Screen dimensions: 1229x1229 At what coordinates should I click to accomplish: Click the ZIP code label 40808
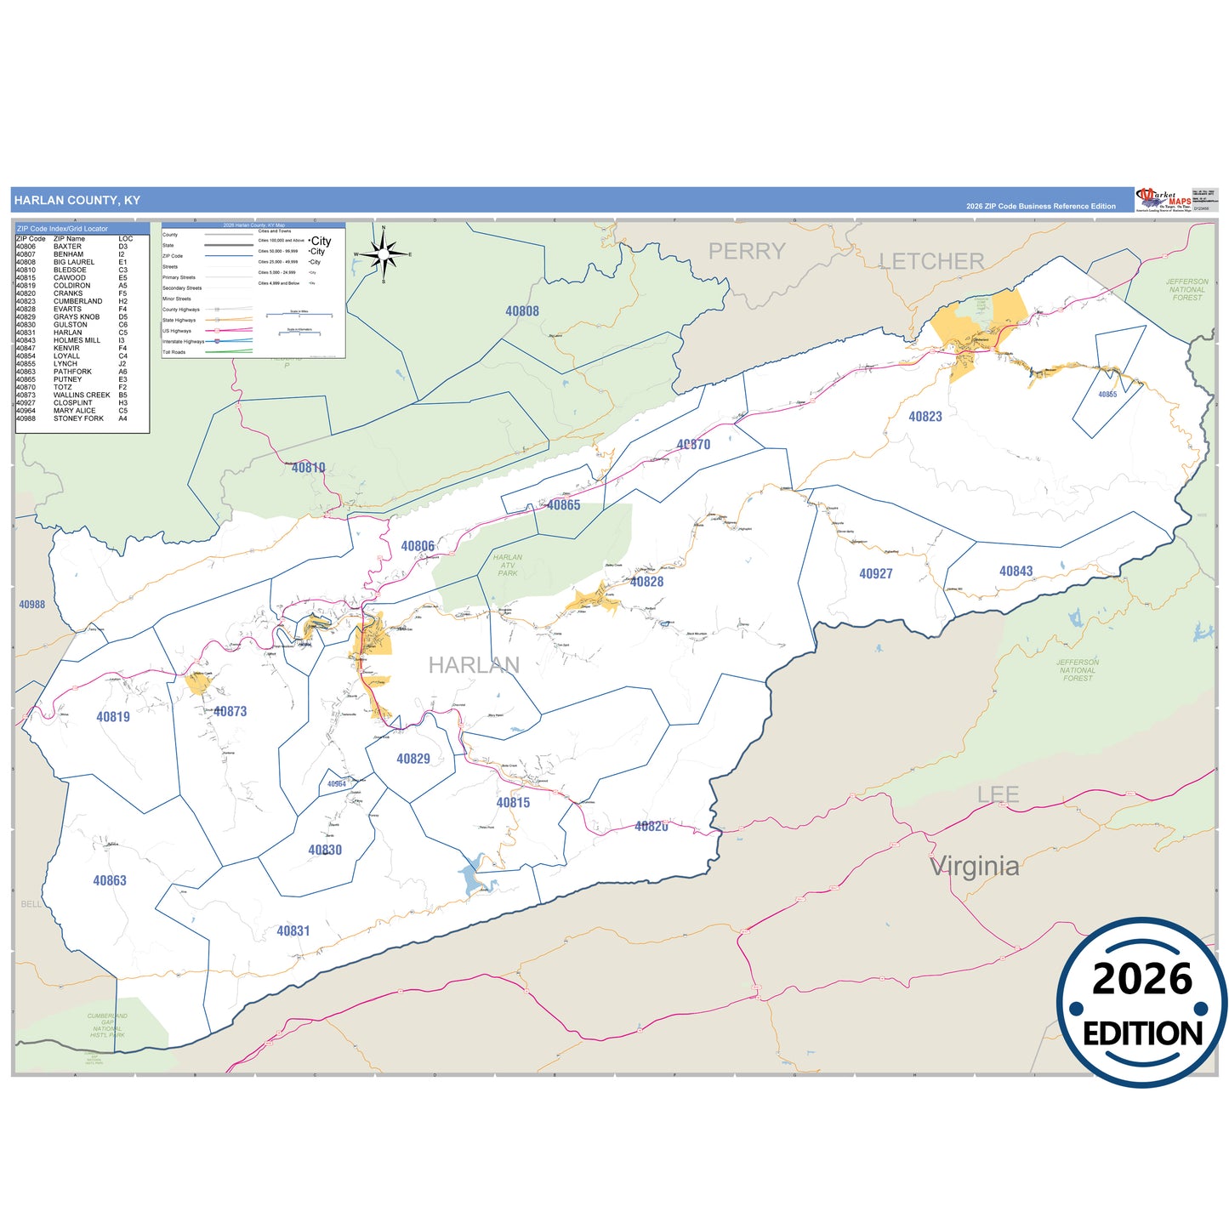[x=522, y=311]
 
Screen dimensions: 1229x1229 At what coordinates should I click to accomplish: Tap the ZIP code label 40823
[x=925, y=417]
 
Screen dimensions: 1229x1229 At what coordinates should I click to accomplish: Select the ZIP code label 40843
[x=1016, y=572]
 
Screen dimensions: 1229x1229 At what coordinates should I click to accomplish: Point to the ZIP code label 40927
[x=876, y=574]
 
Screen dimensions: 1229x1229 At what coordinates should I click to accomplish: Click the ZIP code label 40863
[x=110, y=881]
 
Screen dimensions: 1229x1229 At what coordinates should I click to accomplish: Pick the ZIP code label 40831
[x=293, y=931]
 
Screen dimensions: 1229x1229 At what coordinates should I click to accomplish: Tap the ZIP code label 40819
[x=113, y=717]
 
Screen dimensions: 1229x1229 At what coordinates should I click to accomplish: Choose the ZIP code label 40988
[x=32, y=605]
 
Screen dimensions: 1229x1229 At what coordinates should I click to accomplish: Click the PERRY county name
[x=747, y=252]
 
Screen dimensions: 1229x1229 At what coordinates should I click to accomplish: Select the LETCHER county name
[x=931, y=261]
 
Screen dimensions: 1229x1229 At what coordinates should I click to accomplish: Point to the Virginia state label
[x=975, y=867]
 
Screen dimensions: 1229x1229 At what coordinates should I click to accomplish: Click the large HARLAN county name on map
[x=474, y=665]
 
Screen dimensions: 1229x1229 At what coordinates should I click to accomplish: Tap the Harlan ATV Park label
[x=508, y=566]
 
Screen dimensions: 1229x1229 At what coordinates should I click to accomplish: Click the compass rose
[x=384, y=253]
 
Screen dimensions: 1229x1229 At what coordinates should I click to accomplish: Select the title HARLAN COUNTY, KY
[x=77, y=201]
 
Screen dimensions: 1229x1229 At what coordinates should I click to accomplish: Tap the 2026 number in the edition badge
[x=1142, y=980]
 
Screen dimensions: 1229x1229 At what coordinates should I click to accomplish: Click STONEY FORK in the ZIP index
[x=78, y=418]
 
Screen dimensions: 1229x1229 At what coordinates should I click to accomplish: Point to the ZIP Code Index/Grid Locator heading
[x=63, y=229]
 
